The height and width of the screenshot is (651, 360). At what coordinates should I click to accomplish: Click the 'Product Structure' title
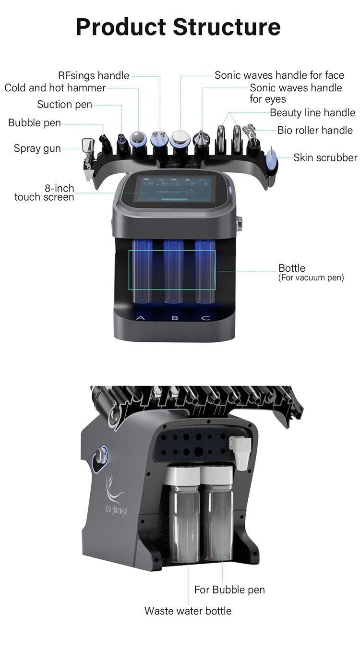(178, 27)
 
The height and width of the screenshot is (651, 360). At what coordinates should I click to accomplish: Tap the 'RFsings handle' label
(94, 75)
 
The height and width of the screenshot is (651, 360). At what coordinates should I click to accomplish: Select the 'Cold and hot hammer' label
(55, 88)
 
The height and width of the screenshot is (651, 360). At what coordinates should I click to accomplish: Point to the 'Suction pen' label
(64, 104)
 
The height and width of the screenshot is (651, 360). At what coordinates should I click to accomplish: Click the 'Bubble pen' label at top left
(35, 123)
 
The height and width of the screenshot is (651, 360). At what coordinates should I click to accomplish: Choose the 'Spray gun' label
(37, 148)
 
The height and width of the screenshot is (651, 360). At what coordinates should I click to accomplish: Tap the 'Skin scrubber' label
(325, 157)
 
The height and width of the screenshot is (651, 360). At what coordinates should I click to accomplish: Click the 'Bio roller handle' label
(315, 130)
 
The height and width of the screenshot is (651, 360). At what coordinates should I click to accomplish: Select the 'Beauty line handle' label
(312, 113)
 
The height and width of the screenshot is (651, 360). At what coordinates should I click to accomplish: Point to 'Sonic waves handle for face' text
(279, 75)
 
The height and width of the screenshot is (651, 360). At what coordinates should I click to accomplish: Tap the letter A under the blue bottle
(141, 318)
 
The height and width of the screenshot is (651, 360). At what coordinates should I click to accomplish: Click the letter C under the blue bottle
(205, 318)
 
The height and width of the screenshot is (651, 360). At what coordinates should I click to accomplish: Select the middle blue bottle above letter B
(173, 271)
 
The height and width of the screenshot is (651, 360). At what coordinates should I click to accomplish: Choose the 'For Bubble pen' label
(229, 590)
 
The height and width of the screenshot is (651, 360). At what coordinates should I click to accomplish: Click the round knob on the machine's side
(102, 454)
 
